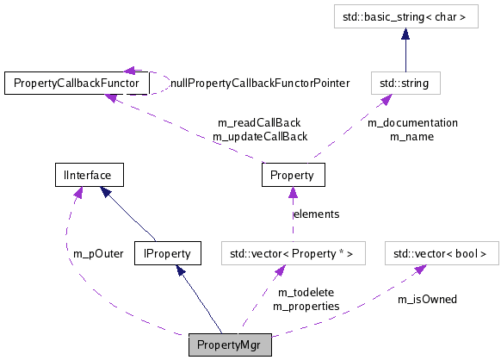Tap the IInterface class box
pyautogui.click(x=88, y=175)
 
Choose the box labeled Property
pyautogui.click(x=293, y=175)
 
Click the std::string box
pyautogui.click(x=405, y=83)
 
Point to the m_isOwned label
pyautogui.click(x=427, y=299)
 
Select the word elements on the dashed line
pyautogui.click(x=316, y=214)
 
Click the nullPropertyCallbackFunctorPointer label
pyautogui.click(x=260, y=84)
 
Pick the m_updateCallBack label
pyautogui.click(x=260, y=136)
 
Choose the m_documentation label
pyautogui.click(x=413, y=122)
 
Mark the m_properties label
pyautogui.click(x=306, y=306)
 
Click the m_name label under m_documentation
pyautogui.click(x=411, y=136)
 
